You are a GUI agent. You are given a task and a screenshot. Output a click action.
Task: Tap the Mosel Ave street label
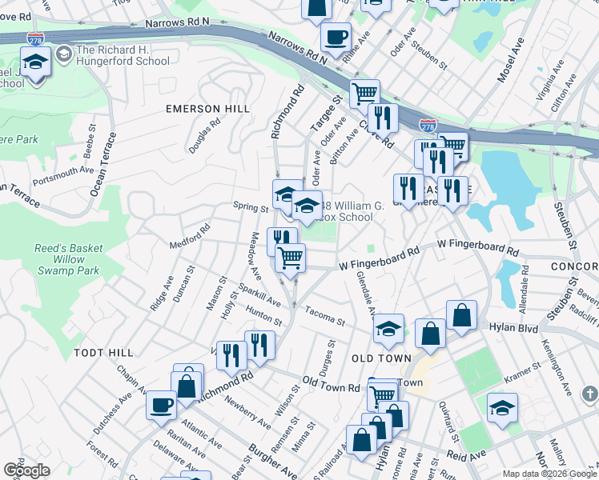pyautogui.click(x=511, y=61)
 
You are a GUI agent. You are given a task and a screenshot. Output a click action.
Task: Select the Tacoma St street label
pyautogui.click(x=324, y=318)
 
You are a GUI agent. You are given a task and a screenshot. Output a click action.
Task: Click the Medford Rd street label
pyautogui.click(x=189, y=236)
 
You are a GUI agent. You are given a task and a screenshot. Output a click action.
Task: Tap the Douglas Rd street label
pyautogui.click(x=204, y=137)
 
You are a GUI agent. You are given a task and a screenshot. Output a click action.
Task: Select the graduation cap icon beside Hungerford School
pyautogui.click(x=35, y=62)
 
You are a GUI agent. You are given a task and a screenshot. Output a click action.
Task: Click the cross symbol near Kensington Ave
pyautogui.click(x=589, y=394)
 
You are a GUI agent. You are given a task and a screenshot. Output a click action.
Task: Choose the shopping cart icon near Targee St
pyautogui.click(x=364, y=93)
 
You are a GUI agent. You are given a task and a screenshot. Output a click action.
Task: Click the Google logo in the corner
pyautogui.click(x=26, y=470)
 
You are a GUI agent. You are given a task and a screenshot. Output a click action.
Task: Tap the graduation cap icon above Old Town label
pyautogui.click(x=388, y=329)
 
